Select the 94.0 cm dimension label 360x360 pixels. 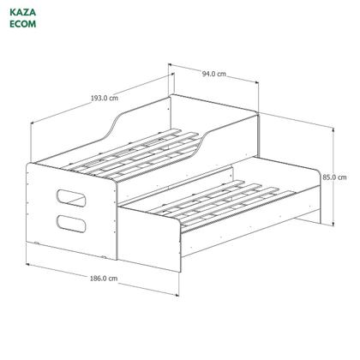(x=214, y=74)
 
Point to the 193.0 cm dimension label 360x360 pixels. (x=103, y=98)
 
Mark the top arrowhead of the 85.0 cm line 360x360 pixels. (x=332, y=124)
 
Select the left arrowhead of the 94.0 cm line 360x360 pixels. (x=170, y=63)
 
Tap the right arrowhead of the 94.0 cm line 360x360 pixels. (x=259, y=83)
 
